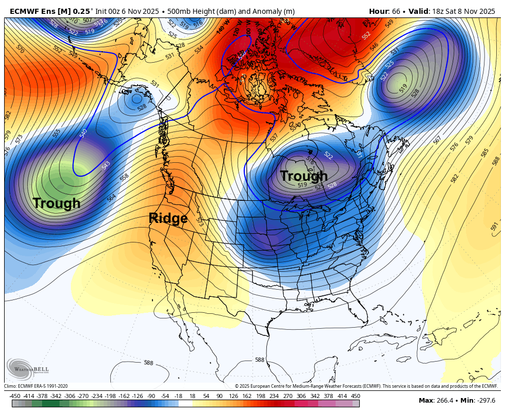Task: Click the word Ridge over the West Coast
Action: click(x=168, y=218)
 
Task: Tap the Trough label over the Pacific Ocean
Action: click(x=56, y=203)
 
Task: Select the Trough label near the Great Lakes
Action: click(x=304, y=176)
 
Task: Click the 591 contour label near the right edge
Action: click(x=494, y=227)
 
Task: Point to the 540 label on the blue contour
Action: click(x=83, y=134)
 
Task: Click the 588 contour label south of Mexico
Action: click(x=260, y=360)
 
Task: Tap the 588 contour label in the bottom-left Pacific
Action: click(x=148, y=363)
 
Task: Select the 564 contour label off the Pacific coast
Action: click(x=111, y=197)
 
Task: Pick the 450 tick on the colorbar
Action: click(x=355, y=396)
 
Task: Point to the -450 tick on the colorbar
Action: click(x=15, y=396)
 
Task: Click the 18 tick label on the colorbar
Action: click(x=192, y=396)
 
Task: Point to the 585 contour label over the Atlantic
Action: click(x=485, y=153)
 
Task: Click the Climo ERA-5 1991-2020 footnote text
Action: click(x=36, y=386)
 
